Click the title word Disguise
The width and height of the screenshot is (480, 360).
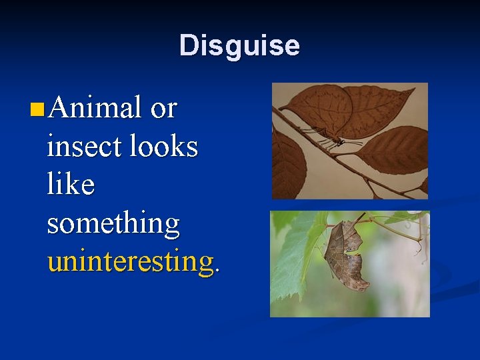tap(239, 46)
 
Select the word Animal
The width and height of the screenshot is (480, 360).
tap(95, 107)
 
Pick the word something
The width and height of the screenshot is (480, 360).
tap(113, 223)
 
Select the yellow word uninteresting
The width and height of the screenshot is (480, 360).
tap(130, 261)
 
